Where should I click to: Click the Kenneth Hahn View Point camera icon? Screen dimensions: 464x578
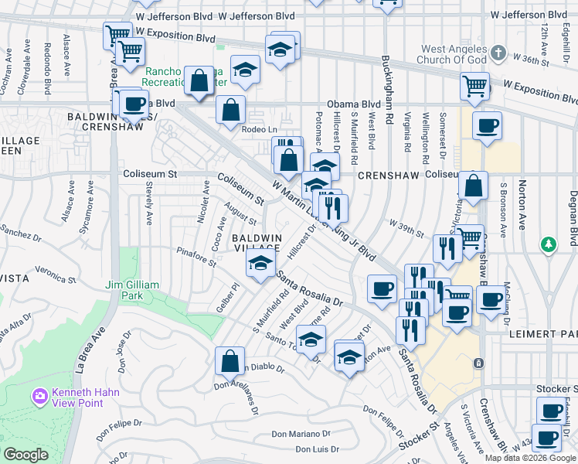click(39, 397)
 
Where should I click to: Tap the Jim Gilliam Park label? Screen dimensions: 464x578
click(132, 291)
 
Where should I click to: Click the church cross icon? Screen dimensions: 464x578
click(498, 54)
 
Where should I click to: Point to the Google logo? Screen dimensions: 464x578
click(25, 455)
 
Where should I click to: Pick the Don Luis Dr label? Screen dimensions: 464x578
click(317, 449)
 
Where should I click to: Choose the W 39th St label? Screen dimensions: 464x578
click(406, 229)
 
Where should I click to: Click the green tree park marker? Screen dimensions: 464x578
click(549, 244)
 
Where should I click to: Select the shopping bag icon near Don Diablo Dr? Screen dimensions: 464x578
click(230, 360)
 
